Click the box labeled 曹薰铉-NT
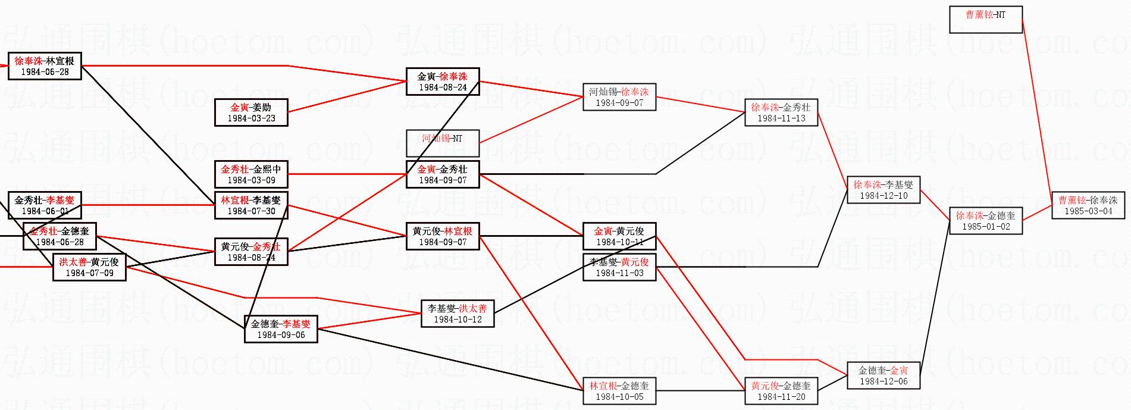coord(985,20)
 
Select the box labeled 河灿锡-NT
coord(442,143)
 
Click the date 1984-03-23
coord(251,118)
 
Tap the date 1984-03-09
coord(251,180)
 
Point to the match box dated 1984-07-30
coord(251,205)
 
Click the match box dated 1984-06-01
coord(45,205)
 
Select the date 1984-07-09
coord(89,273)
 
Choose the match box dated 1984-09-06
coord(281,329)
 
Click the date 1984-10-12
coord(458,320)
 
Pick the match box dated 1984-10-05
coord(619,391)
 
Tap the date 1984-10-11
coord(619,242)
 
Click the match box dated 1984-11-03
coord(619,267)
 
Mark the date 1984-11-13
coord(781,118)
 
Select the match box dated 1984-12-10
coord(884,190)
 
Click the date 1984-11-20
coord(781,397)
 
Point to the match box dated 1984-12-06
coord(884,375)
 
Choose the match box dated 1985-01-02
coord(986,221)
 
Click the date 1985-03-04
coord(1088,211)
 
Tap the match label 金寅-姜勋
coord(251,108)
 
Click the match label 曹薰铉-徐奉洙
coord(1088,201)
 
